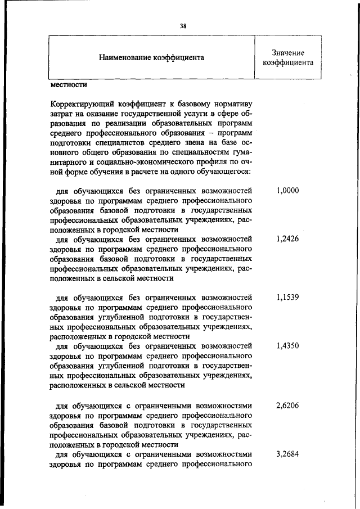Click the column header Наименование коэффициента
point(151,57)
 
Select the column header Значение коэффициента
point(287,57)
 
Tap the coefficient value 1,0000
point(287,191)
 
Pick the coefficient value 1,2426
point(287,238)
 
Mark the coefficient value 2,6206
point(287,404)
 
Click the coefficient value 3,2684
point(287,453)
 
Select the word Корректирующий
point(79,104)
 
